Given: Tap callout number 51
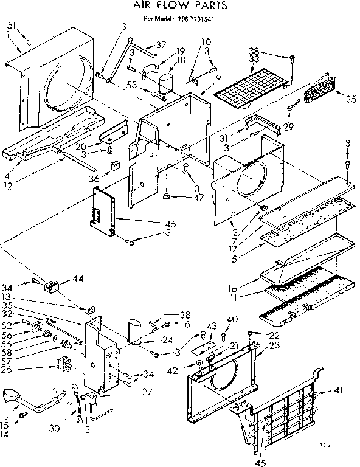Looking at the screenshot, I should tap(12, 26).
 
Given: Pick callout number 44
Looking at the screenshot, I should tap(60, 278).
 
